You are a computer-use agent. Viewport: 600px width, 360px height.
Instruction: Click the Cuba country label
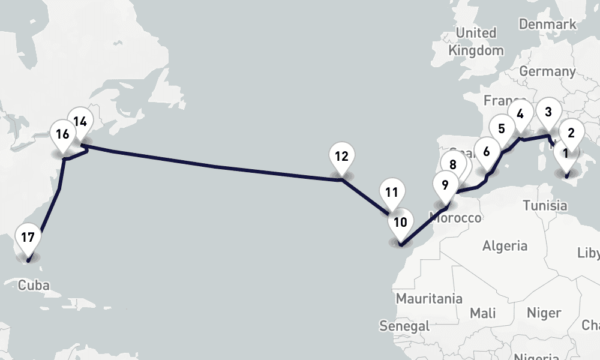(x=34, y=285)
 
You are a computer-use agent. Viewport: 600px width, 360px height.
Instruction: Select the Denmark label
(x=547, y=25)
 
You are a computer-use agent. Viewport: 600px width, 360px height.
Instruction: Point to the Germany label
(x=547, y=71)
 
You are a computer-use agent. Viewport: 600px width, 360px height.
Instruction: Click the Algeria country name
(x=505, y=245)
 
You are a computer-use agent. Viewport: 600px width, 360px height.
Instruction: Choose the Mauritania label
(x=429, y=298)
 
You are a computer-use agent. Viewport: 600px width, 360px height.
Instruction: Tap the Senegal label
(x=405, y=326)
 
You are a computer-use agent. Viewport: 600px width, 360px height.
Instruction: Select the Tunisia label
(x=544, y=206)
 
